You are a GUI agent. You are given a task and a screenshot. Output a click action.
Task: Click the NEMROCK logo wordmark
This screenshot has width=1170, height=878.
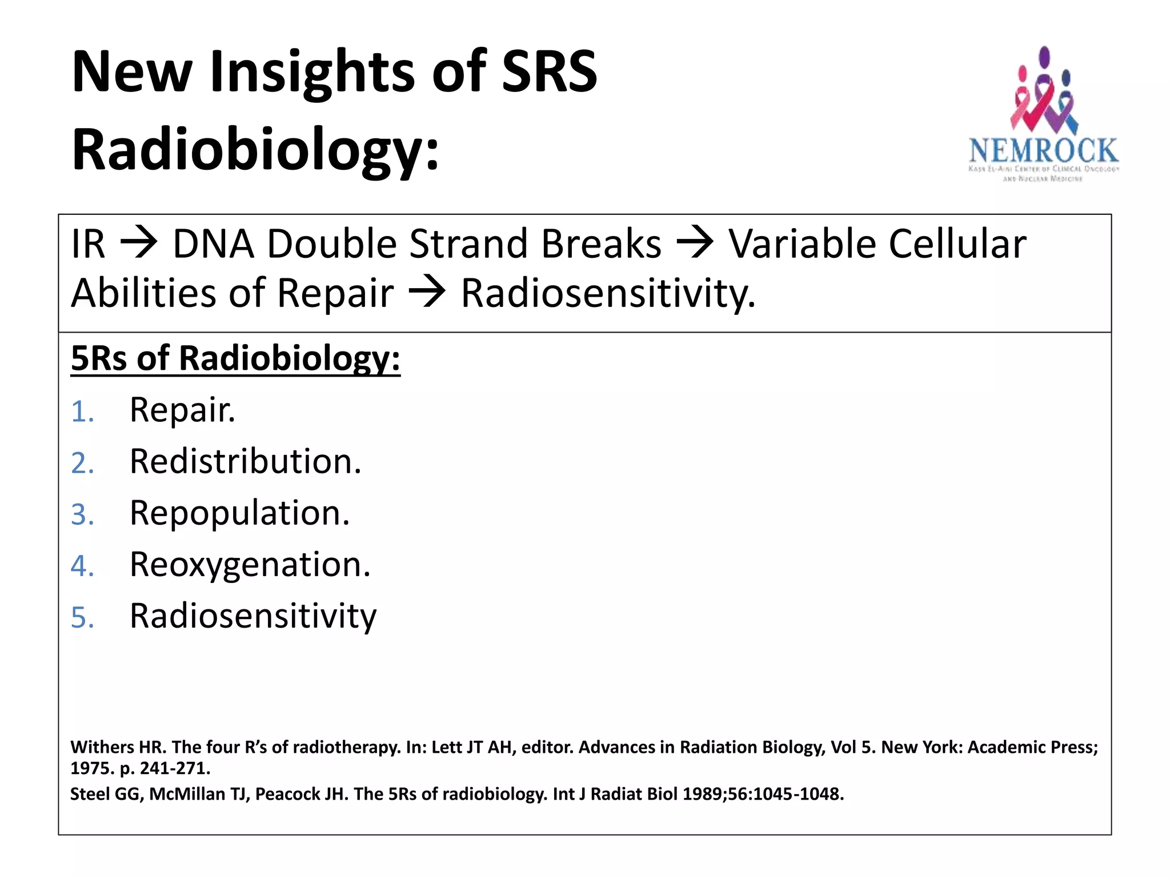1043,151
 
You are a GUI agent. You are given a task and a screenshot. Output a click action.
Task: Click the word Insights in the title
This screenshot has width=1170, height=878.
312,72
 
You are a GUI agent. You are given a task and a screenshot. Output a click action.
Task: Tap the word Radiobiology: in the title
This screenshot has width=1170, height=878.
255,149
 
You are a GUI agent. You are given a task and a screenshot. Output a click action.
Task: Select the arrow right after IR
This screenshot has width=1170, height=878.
138,244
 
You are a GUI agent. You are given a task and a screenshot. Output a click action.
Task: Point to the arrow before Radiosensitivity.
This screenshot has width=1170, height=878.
427,293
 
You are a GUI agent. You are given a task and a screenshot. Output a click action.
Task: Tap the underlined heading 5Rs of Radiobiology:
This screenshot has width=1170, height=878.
235,358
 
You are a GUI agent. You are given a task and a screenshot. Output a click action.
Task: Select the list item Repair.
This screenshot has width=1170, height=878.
182,410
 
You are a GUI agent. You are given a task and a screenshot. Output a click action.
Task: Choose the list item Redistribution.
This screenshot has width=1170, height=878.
246,461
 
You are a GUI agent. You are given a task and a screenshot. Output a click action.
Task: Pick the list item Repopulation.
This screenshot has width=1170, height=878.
239,513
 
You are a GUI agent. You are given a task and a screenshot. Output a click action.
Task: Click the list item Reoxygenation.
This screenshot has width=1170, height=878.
250,565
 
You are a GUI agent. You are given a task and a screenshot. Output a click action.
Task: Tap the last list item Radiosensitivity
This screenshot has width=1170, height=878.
253,616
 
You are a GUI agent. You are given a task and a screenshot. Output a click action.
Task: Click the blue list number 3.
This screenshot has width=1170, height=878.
82,514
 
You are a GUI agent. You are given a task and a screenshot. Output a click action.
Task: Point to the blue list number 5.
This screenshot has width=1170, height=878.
82,618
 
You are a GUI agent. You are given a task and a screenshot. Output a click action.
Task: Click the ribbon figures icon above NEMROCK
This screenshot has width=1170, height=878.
1043,91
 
